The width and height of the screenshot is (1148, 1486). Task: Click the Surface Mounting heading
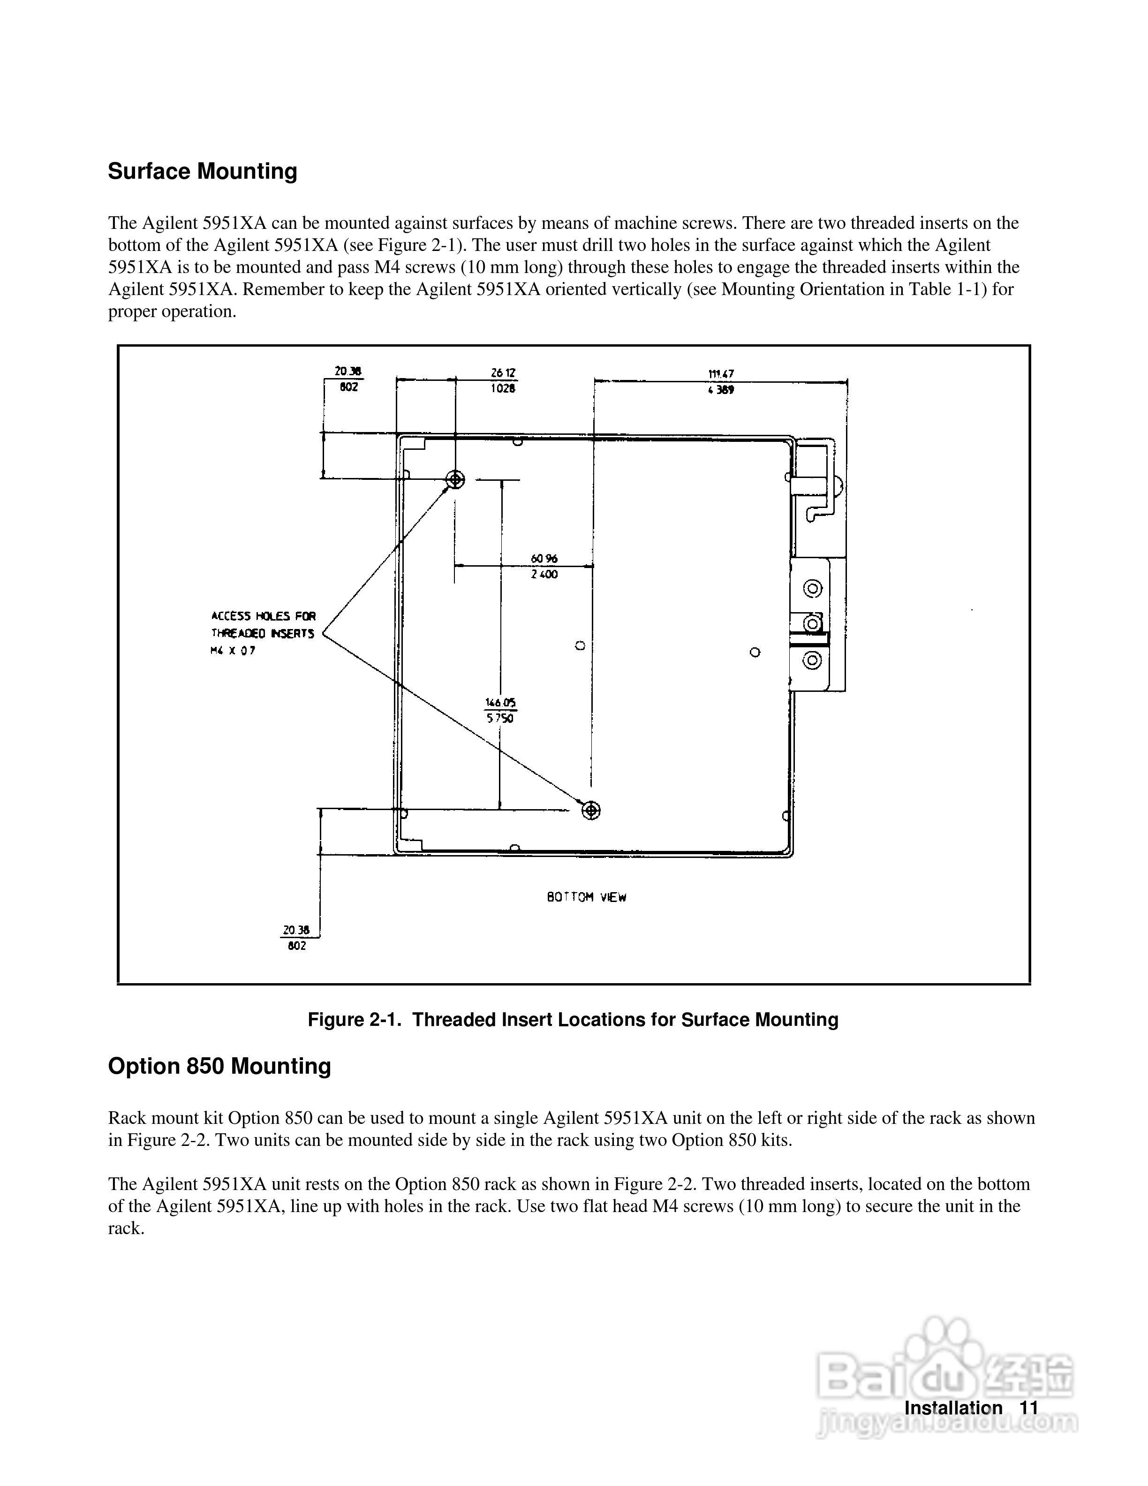tap(203, 171)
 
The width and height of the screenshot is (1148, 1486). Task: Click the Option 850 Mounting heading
tap(219, 1066)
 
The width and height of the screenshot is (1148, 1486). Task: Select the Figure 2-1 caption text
tap(573, 1019)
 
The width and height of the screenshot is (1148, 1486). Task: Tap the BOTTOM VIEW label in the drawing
tap(586, 897)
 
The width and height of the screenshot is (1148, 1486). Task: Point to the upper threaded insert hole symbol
tap(455, 480)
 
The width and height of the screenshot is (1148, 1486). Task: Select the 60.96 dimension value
tap(544, 559)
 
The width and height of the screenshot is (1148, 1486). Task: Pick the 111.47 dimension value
tap(721, 373)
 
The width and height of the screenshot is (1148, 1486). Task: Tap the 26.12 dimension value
tap(503, 373)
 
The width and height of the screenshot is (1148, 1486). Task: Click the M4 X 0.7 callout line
tap(233, 651)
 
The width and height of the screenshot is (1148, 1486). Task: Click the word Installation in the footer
tap(953, 1408)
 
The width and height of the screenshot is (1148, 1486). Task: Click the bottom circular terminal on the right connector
tap(813, 660)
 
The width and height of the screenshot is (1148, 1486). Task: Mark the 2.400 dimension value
tap(544, 574)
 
